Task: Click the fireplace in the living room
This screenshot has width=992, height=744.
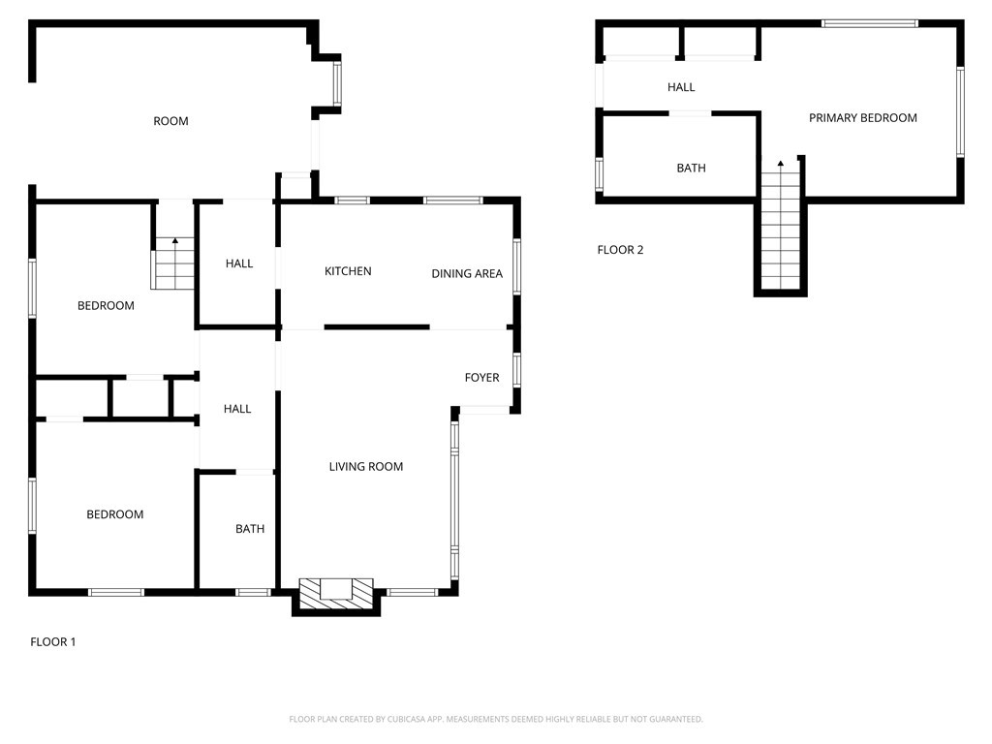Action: [336, 594]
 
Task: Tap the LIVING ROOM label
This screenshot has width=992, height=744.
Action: [365, 467]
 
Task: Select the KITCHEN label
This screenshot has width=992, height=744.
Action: [348, 271]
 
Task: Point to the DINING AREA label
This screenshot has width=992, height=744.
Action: [467, 274]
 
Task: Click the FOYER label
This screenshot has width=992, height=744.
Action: [481, 378]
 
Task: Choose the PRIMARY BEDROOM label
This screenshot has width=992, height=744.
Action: [862, 118]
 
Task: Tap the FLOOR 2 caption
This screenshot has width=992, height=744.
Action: [620, 250]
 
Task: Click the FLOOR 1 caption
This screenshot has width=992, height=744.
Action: [53, 641]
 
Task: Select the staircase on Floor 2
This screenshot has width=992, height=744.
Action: [781, 228]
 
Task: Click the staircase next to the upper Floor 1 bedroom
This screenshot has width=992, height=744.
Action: [174, 263]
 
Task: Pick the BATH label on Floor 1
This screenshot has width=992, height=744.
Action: [250, 529]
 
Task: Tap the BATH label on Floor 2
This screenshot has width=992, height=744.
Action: [691, 169]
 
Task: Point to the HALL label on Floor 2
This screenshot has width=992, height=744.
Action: [681, 87]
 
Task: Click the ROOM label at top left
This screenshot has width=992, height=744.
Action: [170, 121]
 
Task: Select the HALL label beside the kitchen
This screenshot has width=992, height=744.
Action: [239, 263]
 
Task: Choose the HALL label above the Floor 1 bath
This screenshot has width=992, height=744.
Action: [237, 409]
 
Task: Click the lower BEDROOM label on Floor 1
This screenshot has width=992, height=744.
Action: [114, 514]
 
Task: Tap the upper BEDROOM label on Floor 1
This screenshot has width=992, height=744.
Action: [106, 306]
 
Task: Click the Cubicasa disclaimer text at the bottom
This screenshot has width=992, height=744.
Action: [496, 719]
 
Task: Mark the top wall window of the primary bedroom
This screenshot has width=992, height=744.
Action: [869, 23]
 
